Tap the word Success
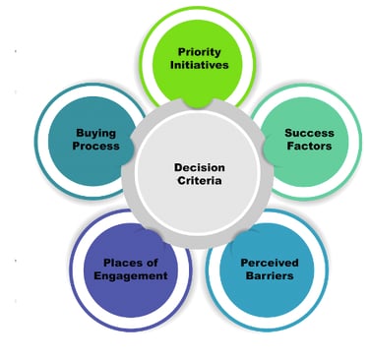pyautogui.click(x=309, y=132)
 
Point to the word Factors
pyautogui.click(x=309, y=146)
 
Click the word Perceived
pyautogui.click(x=268, y=263)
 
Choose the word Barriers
pyautogui.click(x=268, y=276)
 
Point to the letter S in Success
pyautogui.click(x=288, y=132)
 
